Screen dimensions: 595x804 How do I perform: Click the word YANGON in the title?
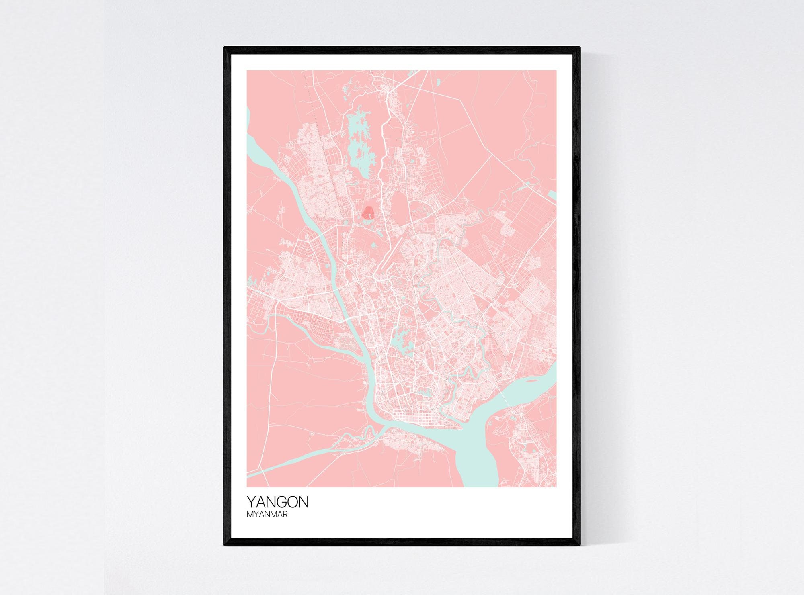pyautogui.click(x=277, y=502)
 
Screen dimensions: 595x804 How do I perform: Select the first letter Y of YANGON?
pyautogui.click(x=251, y=502)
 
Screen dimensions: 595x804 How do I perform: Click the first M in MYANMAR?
pyautogui.click(x=250, y=514)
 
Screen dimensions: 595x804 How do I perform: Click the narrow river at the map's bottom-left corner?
pyautogui.click(x=257, y=472)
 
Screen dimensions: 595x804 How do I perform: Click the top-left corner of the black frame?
pyautogui.click(x=225, y=48)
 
